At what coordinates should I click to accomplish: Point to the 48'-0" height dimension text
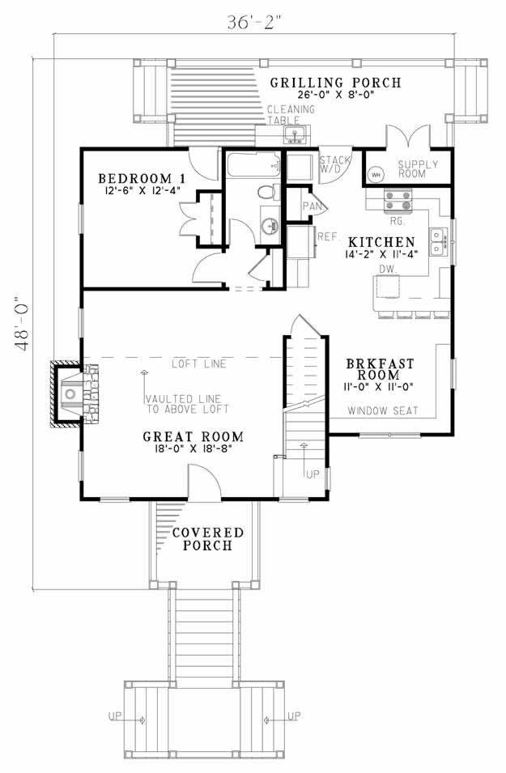tap(24, 325)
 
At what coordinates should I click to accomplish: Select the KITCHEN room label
tap(382, 242)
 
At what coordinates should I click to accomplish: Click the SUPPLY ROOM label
tap(418, 169)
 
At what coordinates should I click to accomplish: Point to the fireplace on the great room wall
tap(73, 393)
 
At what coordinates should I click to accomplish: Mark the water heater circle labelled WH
tap(376, 175)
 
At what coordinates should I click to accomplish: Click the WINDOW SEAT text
tap(383, 411)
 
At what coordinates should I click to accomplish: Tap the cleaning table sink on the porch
tap(296, 134)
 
